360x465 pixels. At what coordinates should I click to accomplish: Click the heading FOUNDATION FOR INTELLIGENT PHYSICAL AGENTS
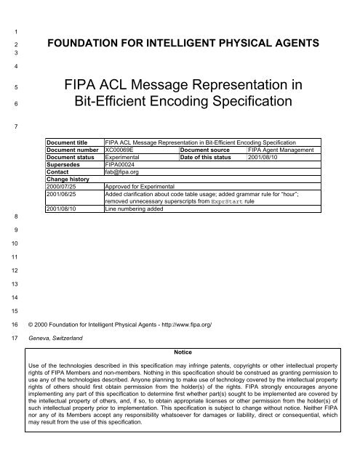(192, 44)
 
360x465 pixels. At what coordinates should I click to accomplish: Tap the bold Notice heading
(183, 350)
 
